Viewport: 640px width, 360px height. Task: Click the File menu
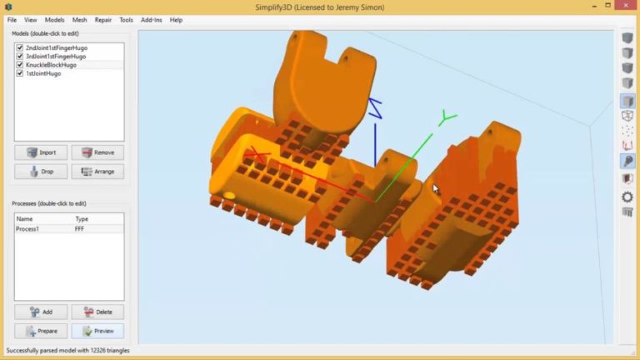[12, 19]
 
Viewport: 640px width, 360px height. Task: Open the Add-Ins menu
[151, 19]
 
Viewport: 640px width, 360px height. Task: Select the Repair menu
[103, 19]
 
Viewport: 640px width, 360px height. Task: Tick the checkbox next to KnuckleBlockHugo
[20, 65]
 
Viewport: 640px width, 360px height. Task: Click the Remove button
[97, 152]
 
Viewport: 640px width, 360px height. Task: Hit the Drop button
[41, 172]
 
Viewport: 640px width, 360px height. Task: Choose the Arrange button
[97, 172]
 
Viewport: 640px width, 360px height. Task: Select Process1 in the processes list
[28, 228]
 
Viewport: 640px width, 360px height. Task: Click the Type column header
[82, 219]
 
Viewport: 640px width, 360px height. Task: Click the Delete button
[97, 312]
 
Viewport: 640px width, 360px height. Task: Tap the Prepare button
[41, 331]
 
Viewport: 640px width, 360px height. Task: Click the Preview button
[97, 331]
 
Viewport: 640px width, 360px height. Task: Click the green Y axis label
[448, 118]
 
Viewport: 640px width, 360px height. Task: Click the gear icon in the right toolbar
[627, 197]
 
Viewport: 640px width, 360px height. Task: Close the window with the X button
[627, 7]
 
